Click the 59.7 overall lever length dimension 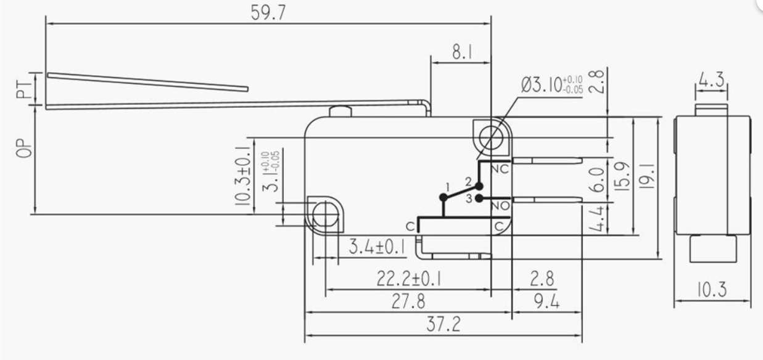(x=268, y=13)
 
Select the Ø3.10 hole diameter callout (x=552, y=84)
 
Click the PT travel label (x=23, y=89)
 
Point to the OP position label (x=24, y=148)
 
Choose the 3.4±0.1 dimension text (x=377, y=247)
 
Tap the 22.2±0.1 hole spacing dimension (x=408, y=279)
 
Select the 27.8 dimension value (x=408, y=301)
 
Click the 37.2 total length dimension (x=443, y=324)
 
